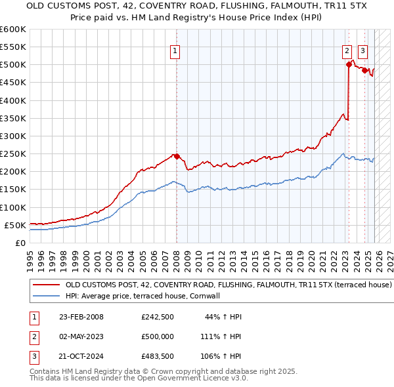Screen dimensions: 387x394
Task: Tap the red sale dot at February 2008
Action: [x=177, y=156]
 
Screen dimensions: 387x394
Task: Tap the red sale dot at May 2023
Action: [x=348, y=64]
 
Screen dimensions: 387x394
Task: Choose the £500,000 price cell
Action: [x=158, y=336]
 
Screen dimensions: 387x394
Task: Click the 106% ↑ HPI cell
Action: [x=221, y=357]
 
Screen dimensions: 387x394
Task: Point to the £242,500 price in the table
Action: [x=158, y=317]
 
